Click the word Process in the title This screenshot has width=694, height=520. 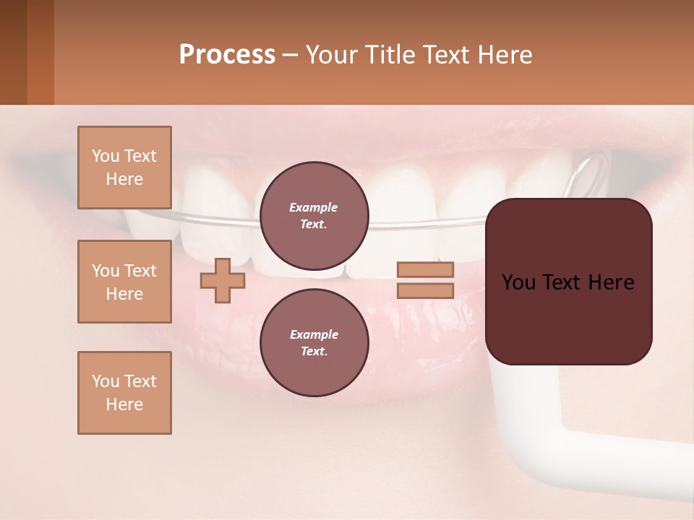(x=227, y=55)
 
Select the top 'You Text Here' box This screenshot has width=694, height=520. (x=124, y=168)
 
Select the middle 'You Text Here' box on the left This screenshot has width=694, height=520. (x=124, y=282)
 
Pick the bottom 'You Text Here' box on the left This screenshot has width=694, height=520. (x=124, y=393)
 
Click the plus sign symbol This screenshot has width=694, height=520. (x=222, y=280)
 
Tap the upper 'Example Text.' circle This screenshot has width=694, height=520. (x=314, y=215)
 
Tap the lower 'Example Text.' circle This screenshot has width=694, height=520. (x=314, y=342)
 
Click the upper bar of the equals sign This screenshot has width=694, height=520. (x=425, y=269)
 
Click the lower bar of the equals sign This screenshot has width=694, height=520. (x=425, y=291)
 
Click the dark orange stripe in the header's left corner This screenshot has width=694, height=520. (x=40, y=52)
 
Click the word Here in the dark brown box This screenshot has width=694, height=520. (x=611, y=282)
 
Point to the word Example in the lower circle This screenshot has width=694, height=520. (x=314, y=334)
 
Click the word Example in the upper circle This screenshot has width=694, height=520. (x=314, y=207)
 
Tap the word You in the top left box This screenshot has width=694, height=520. (x=105, y=156)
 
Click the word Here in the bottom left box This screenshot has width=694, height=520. (x=124, y=404)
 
